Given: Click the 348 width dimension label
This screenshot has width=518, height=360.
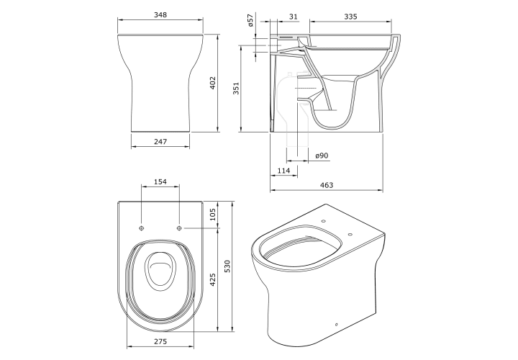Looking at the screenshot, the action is (x=160, y=14).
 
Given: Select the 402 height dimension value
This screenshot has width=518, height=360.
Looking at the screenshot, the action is (x=212, y=83).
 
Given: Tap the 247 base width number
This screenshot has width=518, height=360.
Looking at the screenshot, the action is (x=160, y=141).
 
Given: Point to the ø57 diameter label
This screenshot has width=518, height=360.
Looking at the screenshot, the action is (x=250, y=20).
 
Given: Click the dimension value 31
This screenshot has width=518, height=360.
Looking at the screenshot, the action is (x=294, y=16).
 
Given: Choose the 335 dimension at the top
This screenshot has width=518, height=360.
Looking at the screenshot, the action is (x=350, y=16).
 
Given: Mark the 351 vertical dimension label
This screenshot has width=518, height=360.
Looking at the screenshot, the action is (x=236, y=89).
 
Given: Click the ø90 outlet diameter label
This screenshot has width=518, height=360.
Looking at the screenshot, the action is (x=322, y=156).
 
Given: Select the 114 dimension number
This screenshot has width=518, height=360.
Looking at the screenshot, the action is (x=283, y=170).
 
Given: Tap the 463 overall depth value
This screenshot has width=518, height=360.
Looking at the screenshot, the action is (x=327, y=185).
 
